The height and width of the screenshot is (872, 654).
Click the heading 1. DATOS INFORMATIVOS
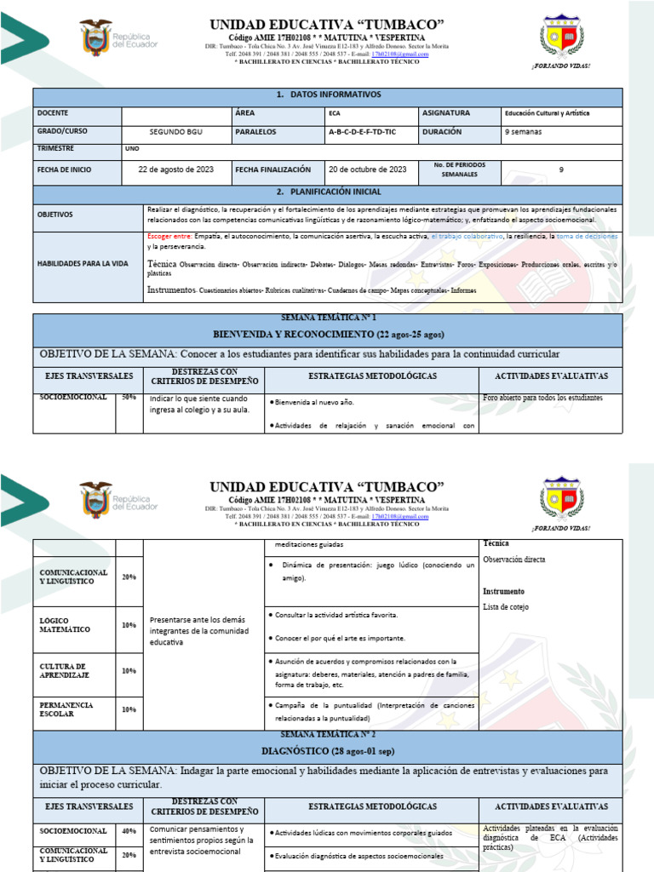tap(328, 95)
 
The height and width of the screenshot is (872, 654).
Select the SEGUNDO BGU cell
tap(177, 133)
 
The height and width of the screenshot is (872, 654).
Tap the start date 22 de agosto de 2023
tap(176, 169)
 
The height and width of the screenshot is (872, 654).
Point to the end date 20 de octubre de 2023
tap(368, 169)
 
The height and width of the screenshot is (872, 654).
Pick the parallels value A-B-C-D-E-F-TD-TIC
tap(362, 133)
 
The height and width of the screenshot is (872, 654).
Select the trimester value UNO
tap(132, 149)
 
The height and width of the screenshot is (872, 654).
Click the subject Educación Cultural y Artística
tap(547, 113)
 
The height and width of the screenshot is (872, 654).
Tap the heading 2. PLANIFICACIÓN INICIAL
tap(328, 192)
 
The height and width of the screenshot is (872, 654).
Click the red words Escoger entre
tap(169, 235)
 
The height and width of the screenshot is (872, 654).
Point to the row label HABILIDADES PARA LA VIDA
tap(83, 264)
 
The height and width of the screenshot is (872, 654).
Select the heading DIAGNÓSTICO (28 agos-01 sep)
tap(328, 751)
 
